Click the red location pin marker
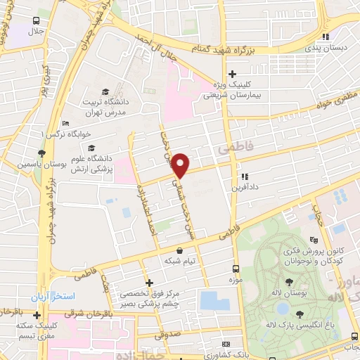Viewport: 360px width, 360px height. (x=181, y=165)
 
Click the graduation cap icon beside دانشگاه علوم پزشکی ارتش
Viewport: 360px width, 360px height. (x=91, y=148)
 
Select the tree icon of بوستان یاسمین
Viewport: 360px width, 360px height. (x=42, y=153)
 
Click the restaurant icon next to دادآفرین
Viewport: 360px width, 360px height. (x=245, y=177)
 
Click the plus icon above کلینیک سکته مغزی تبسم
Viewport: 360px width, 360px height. (x=37, y=314)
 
